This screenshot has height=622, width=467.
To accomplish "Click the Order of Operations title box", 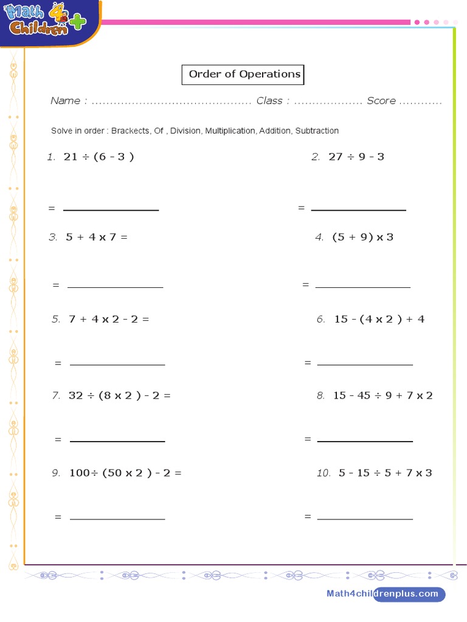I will (x=243, y=75).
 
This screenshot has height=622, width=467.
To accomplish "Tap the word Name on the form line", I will (x=65, y=101).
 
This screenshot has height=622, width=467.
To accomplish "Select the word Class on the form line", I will (x=269, y=101).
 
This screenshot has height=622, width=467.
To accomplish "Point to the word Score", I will (x=381, y=101).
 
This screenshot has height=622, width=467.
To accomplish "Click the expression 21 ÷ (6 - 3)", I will (x=99, y=157).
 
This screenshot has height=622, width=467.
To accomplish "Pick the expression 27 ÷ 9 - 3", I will (x=356, y=157).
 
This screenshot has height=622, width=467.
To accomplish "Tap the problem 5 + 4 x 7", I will (x=97, y=237).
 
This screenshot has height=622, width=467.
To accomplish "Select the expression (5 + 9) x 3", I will (x=362, y=237).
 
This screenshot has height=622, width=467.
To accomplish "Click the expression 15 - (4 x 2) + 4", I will (x=379, y=319).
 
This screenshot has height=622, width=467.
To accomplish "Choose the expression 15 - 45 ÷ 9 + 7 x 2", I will (x=382, y=395).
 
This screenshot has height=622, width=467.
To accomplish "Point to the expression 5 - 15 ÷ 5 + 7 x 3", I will (x=382, y=473).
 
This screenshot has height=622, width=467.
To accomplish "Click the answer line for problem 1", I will (x=111, y=210).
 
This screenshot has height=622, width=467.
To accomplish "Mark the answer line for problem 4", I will (x=363, y=286).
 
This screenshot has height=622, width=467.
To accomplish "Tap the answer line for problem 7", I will (x=117, y=441).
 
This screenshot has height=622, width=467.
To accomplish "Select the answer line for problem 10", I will (x=365, y=519).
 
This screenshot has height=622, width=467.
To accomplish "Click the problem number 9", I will (x=56, y=473).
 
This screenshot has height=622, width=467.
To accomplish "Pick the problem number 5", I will (x=56, y=319).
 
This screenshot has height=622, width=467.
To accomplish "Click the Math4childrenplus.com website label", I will (x=382, y=594).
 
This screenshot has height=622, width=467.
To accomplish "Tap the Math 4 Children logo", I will (x=46, y=22).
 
